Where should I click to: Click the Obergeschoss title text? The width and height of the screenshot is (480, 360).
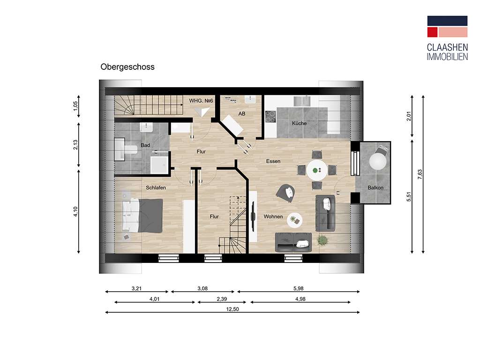127,67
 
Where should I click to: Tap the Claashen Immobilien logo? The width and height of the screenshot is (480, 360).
447,38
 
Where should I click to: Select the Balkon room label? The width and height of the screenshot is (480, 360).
375,188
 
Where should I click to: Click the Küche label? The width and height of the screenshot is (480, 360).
299,123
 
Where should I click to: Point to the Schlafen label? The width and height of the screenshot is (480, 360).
156,187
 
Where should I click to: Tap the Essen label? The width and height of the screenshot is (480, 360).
273,161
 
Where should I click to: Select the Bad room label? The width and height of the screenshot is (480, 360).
145,145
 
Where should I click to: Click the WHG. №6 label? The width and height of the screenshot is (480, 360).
201,101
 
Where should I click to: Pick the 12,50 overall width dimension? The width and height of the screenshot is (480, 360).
233,309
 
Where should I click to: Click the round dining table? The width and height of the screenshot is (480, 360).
317,169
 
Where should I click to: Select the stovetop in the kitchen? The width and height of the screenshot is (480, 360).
270,117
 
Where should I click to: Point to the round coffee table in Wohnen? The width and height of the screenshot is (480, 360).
294,219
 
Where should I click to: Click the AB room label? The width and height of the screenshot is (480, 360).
242,113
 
